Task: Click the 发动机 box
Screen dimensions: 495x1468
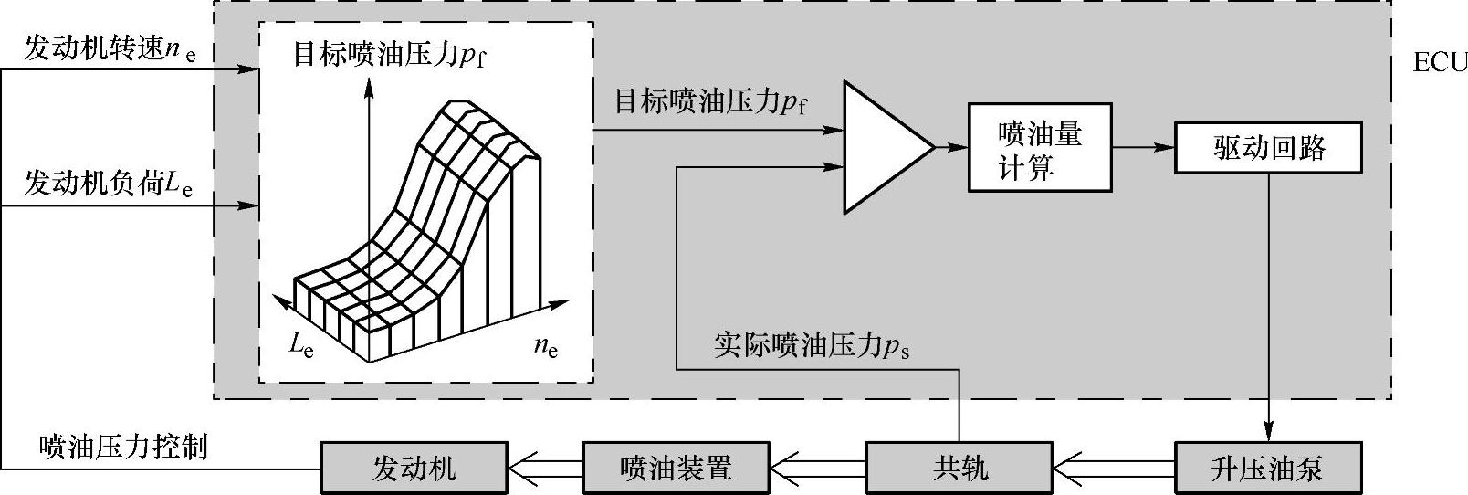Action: pyautogui.click(x=413, y=469)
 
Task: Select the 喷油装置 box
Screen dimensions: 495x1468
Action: pyautogui.click(x=676, y=469)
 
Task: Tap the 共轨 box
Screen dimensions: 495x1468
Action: pyautogui.click(x=959, y=469)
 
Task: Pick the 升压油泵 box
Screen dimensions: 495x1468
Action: pyautogui.click(x=1267, y=469)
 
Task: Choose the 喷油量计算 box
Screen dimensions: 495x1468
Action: pyautogui.click(x=1040, y=148)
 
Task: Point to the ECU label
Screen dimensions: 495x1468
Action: pyautogui.click(x=1439, y=63)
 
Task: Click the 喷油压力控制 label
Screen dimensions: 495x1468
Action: pyautogui.click(x=124, y=447)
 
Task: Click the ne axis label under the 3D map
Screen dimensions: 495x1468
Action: pyautogui.click(x=545, y=346)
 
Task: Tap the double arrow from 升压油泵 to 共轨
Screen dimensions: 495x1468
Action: pyautogui.click(x=1114, y=469)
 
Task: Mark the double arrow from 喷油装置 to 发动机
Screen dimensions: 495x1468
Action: pyautogui.click(x=544, y=469)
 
